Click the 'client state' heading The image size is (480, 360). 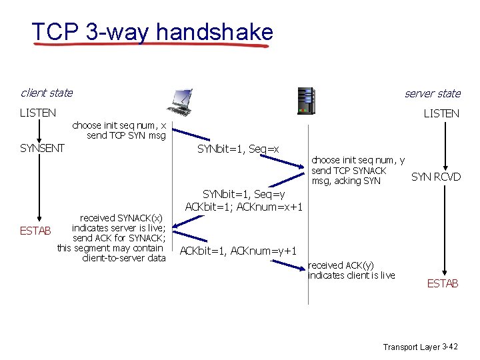46,93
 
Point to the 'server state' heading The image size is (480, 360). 432,93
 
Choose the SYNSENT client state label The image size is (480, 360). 42,148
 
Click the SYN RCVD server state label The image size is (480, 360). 436,177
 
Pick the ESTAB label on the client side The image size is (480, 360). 34,231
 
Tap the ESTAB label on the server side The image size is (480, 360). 443,283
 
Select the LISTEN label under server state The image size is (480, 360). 441,113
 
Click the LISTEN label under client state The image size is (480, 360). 38,113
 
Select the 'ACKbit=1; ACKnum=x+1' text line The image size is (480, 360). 244,207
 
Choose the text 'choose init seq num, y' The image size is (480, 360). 358,161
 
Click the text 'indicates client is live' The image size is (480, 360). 351,275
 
